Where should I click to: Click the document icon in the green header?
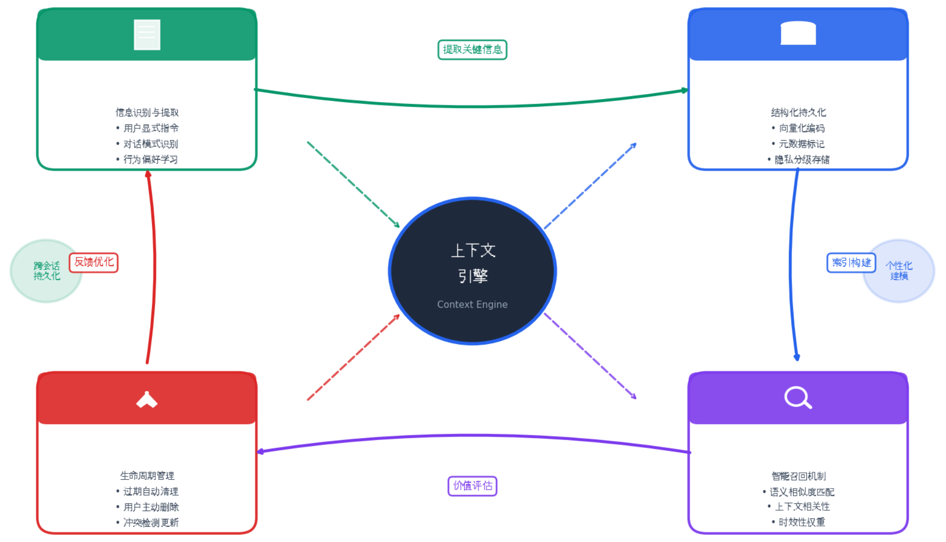(147, 35)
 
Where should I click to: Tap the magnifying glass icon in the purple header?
(798, 397)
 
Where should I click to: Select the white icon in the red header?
(147, 400)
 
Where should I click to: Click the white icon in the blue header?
(798, 33)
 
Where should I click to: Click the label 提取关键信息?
(472, 49)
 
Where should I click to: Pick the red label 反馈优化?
(94, 262)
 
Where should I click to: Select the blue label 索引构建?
(851, 263)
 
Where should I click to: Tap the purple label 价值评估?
(472, 486)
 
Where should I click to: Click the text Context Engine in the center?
(472, 304)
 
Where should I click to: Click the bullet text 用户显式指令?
(151, 128)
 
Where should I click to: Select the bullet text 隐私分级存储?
(801, 160)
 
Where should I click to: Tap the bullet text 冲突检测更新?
(151, 522)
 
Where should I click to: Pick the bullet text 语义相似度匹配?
(801, 492)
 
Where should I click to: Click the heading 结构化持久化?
(798, 113)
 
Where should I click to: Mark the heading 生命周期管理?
(147, 475)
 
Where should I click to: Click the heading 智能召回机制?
(798, 476)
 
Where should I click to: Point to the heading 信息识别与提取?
(147, 113)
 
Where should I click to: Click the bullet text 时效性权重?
(801, 522)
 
